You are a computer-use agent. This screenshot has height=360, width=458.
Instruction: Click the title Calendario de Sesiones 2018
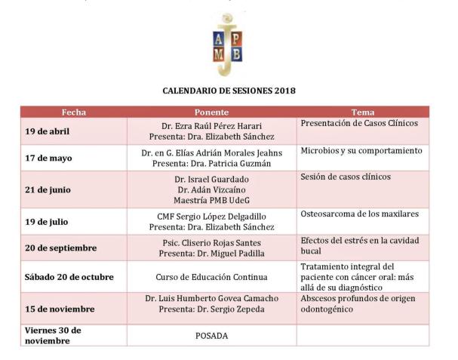coord(229,90)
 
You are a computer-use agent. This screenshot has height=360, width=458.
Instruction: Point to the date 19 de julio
coord(46,220)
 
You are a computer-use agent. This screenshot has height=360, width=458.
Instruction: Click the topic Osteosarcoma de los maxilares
coord(359,214)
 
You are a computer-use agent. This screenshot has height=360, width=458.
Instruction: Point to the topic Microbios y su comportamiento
coord(361,151)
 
